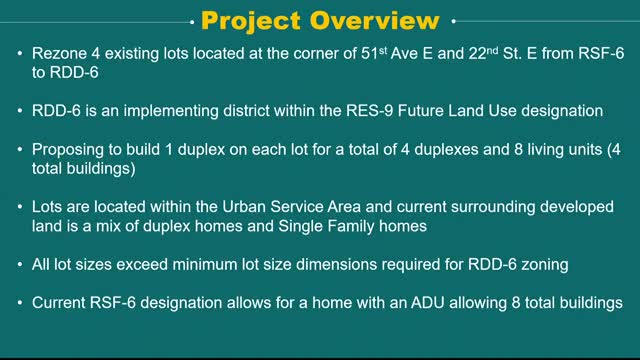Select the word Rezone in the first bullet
pos(62,53)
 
